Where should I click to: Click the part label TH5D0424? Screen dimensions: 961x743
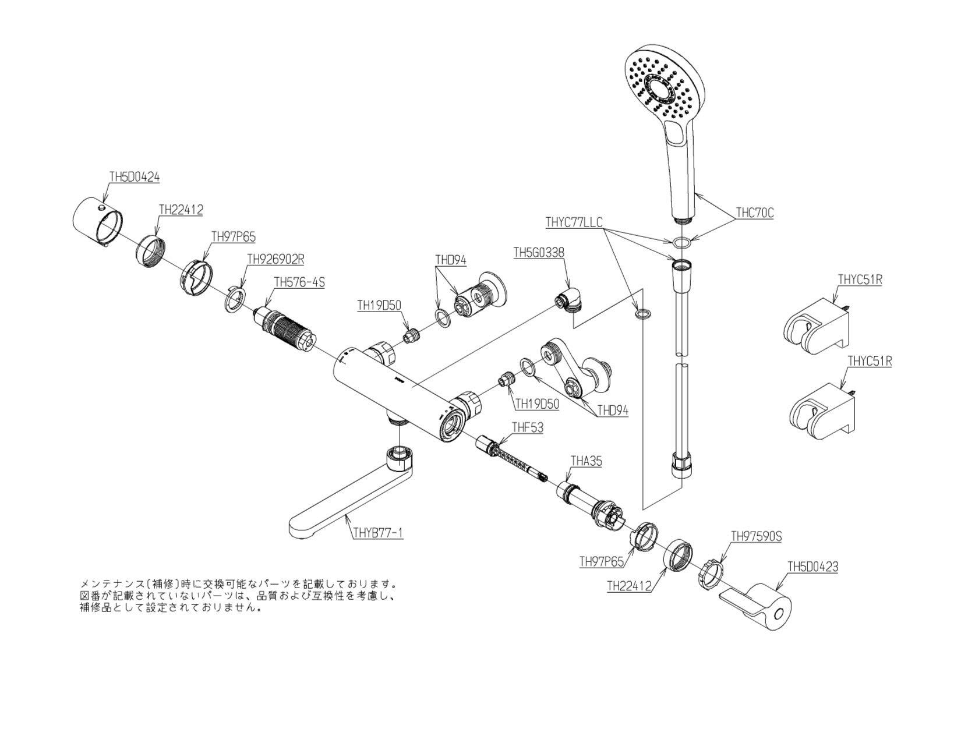tap(135, 177)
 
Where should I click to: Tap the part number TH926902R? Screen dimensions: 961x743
tap(276, 259)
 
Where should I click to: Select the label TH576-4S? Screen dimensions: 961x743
tap(299, 282)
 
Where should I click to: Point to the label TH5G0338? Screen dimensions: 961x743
tap(539, 252)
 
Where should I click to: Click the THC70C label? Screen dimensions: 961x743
tap(755, 213)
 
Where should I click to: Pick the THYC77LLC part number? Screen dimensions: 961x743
tap(574, 222)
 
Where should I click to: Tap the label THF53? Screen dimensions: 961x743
tap(528, 427)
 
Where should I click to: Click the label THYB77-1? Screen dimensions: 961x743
tap(378, 533)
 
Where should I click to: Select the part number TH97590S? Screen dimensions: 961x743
tap(757, 536)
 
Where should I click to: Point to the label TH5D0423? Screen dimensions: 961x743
tap(813, 567)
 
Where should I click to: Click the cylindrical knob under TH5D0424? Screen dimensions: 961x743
tap(98, 221)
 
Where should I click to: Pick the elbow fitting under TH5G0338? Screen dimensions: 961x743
tap(570, 300)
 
